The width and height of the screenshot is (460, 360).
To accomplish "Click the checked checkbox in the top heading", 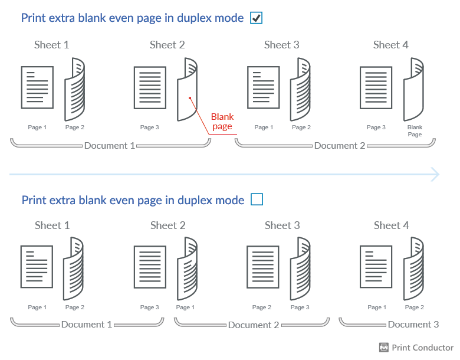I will pos(257,18).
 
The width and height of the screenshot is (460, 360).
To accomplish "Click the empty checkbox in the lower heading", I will pos(257,200).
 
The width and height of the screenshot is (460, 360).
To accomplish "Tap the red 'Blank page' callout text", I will pos(222,122).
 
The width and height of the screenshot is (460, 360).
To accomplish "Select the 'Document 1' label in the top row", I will pos(109,145).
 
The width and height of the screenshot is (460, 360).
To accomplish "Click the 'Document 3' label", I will pos(413,324).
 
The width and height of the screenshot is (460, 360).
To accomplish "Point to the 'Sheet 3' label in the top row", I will pos(281,45).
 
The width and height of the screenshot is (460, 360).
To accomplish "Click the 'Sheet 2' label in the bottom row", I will pos(167,225).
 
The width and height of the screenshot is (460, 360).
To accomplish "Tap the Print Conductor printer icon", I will pos(384,348).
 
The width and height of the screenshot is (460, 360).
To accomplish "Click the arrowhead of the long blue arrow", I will pos(435,174).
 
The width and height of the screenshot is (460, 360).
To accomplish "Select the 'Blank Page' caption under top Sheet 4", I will pos(415,130).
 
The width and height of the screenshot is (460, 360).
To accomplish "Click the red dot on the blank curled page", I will pos(189,98).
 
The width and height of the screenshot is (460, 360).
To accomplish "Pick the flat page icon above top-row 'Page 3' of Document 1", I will pos(150,87).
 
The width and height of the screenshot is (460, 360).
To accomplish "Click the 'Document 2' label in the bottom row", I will pos(254,325).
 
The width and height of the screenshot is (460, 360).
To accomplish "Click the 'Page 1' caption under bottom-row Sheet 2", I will pos(183,307).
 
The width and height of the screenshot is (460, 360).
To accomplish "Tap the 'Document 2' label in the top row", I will pos(340,145).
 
